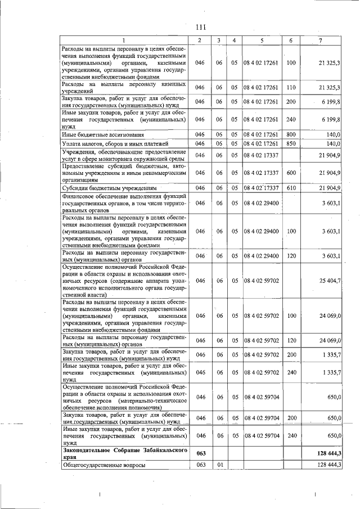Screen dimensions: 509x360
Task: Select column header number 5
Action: click(x=262, y=40)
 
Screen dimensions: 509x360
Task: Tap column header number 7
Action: click(x=321, y=40)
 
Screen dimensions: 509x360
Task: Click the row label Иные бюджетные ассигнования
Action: click(x=95, y=135)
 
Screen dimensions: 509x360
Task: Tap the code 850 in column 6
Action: click(x=290, y=145)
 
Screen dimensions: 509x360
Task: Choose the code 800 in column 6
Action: click(x=290, y=135)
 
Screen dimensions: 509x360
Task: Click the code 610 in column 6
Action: click(x=290, y=187)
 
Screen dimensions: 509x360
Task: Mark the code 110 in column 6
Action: click(x=290, y=87)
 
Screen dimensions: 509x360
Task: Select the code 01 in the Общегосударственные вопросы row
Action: click(x=219, y=466)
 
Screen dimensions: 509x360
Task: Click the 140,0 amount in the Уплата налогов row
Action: click(x=333, y=145)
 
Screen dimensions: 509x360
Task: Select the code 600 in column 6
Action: click(x=290, y=172)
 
